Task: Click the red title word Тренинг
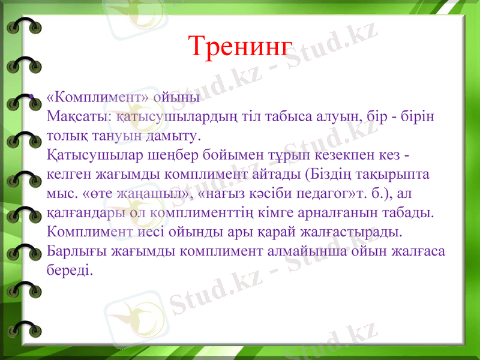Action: click(240, 46)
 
